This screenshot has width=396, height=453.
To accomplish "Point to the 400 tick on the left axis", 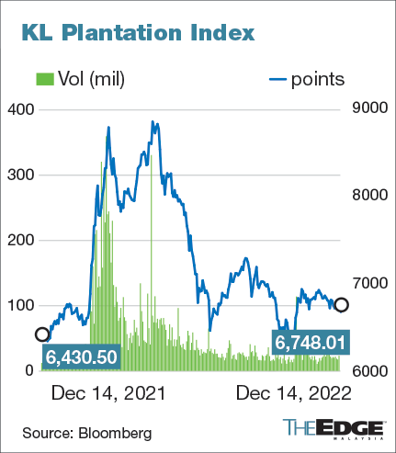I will point(21,109).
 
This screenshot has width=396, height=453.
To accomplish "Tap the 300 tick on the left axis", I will point(21,175).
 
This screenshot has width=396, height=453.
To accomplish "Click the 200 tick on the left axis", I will point(21,240).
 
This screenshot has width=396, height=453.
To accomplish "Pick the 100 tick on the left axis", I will point(21,305).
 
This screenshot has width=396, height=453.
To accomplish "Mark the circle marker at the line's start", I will point(41,334).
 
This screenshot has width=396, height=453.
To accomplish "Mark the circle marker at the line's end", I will point(342,305).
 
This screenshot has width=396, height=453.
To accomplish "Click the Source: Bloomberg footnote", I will point(87,430).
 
